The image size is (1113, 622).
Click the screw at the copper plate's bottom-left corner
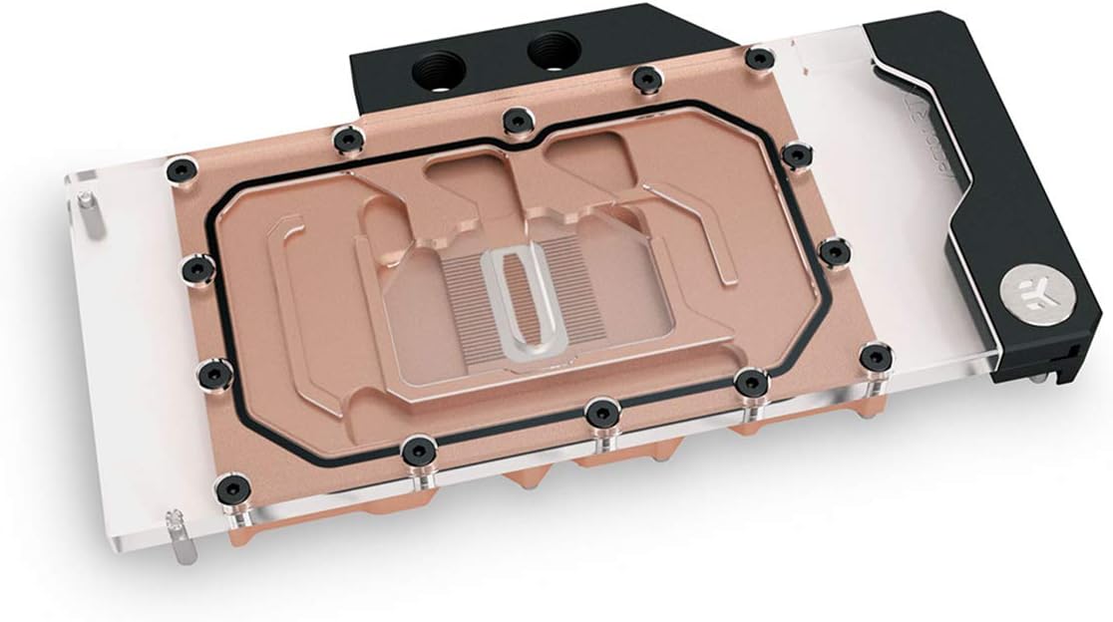point(228,488)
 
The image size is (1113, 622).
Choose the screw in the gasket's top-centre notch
point(518,120)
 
